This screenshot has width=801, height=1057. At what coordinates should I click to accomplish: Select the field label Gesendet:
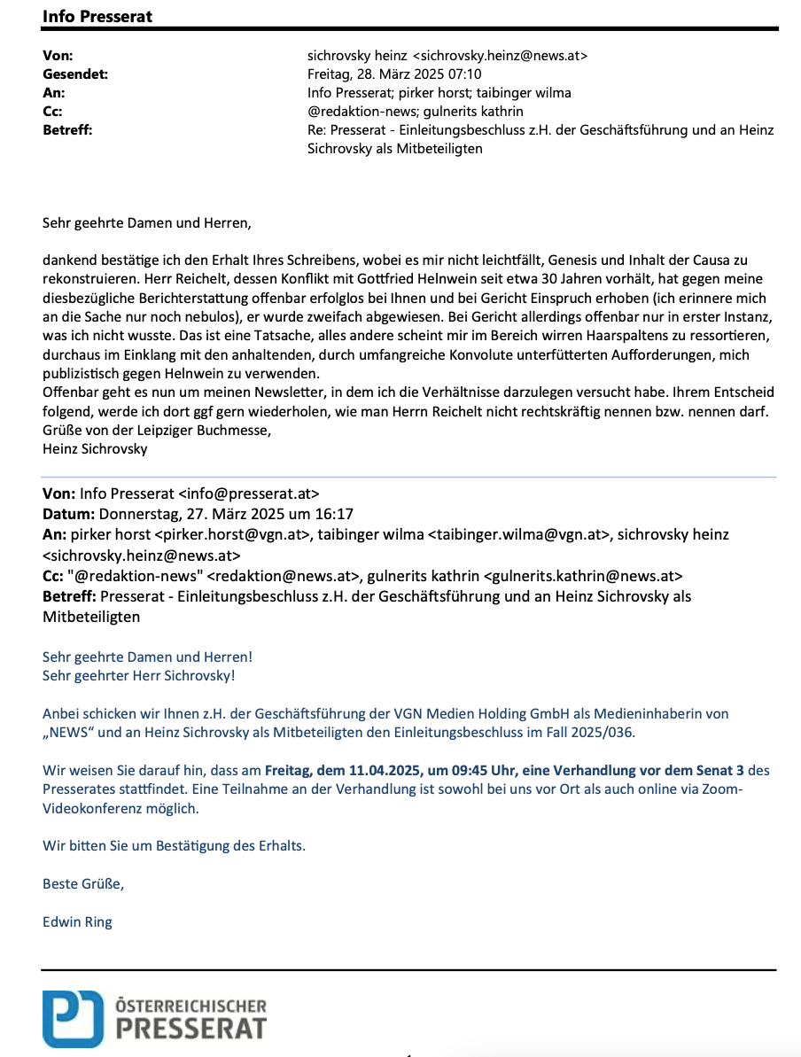(75, 74)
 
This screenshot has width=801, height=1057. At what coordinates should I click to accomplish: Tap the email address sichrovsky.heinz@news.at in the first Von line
(502, 55)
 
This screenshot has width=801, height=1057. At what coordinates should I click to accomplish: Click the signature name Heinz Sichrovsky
(95, 449)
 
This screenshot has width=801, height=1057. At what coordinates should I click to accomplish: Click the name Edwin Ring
(77, 921)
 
